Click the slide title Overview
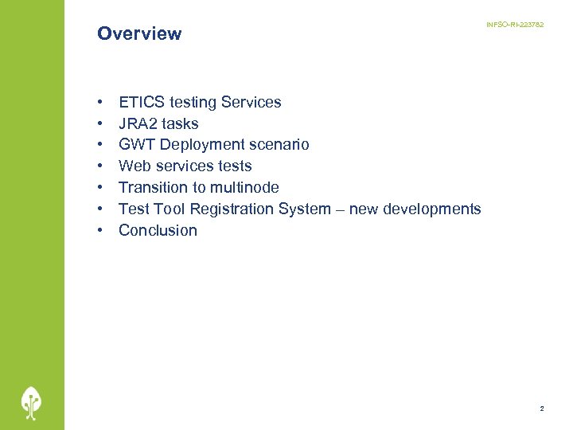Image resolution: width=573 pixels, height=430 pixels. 139,33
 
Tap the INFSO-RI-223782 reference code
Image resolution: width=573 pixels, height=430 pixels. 515,25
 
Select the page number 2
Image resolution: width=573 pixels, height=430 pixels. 542,408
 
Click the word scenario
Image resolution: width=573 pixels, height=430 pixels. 280,145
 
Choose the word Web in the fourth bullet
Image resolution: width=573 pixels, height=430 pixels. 134,166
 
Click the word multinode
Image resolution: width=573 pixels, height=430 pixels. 244,188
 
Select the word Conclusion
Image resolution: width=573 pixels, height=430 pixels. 158,231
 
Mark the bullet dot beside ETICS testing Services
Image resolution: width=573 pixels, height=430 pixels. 101,103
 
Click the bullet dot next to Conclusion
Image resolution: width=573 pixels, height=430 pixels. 101,231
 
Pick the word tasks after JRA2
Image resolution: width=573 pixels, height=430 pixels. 181,123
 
